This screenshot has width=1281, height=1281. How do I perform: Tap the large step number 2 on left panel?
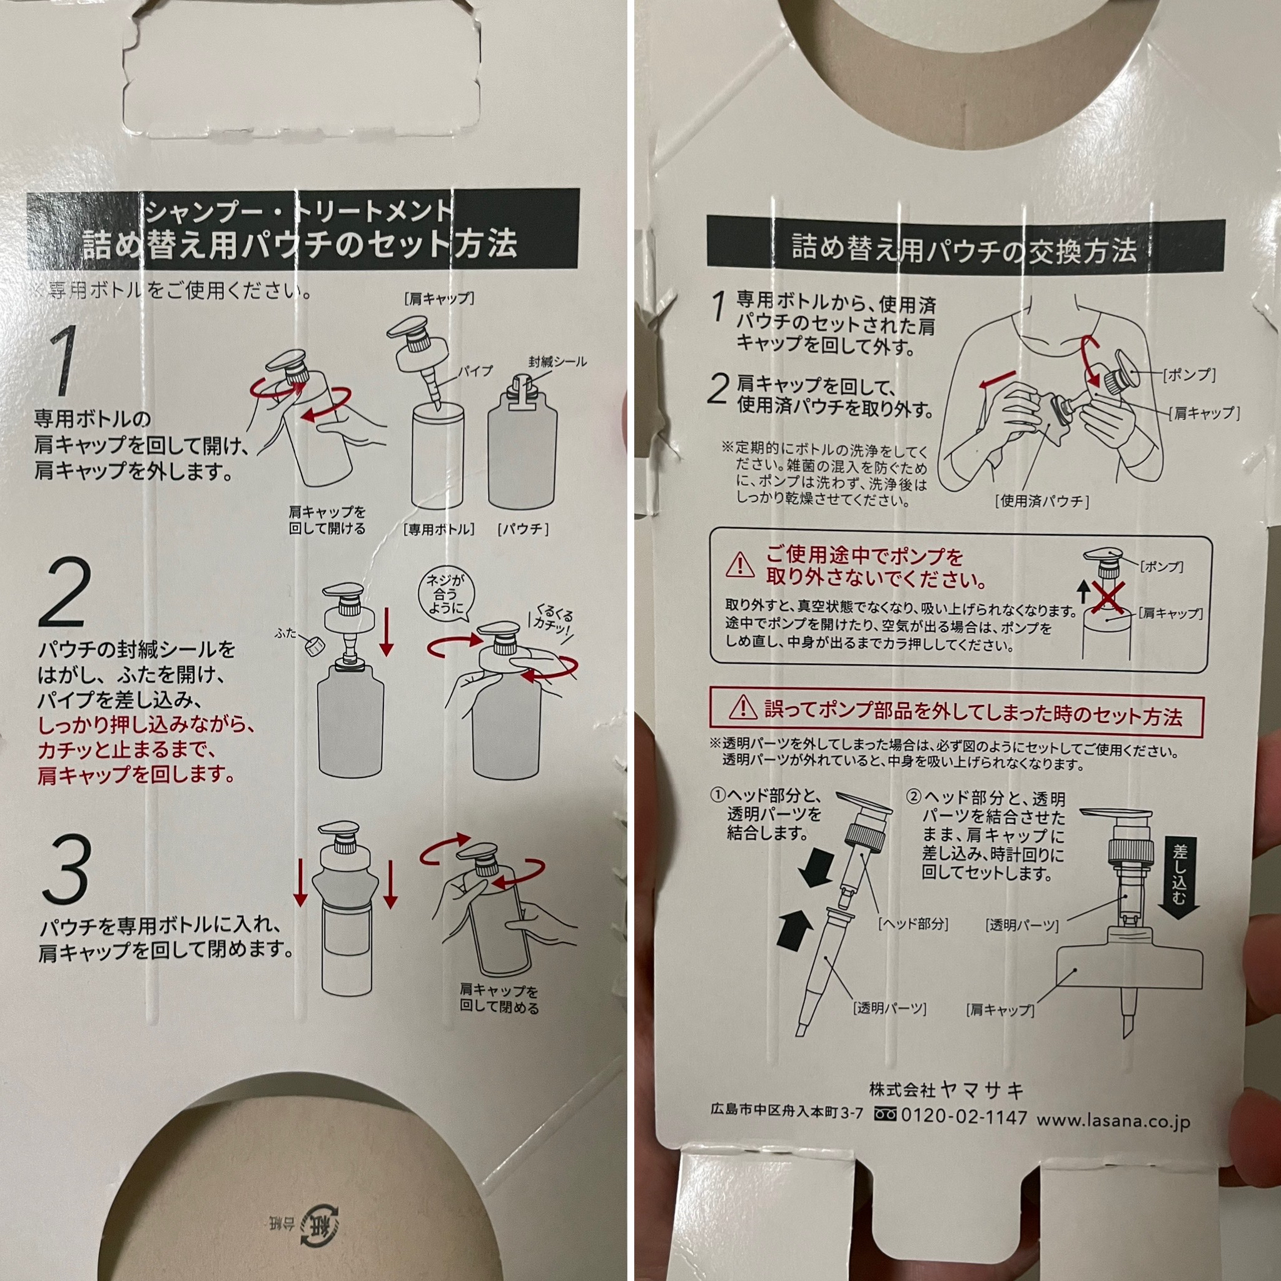pos(63,592)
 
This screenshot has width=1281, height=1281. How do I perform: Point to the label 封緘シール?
pos(557,362)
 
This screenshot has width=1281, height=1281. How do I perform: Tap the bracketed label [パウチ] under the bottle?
pos(522,529)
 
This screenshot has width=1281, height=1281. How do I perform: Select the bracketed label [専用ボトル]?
pos(438,529)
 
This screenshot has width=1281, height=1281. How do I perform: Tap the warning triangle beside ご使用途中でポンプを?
pos(740,564)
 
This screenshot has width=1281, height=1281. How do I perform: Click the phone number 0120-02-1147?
pos(963,1117)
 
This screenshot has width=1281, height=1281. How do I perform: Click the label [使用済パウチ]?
pos(1041,501)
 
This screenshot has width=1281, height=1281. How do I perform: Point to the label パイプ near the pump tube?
pos(475,371)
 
